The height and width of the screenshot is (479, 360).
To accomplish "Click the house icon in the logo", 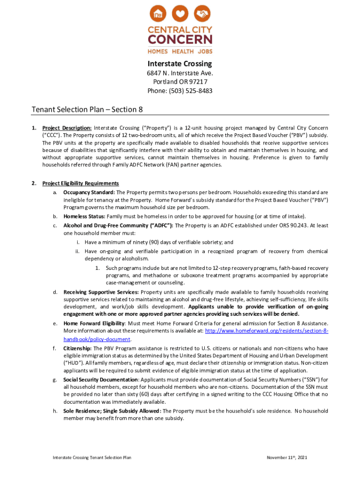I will point(159,14).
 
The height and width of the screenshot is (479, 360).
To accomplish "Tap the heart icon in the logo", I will point(180,14).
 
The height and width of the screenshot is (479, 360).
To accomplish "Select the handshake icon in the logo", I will point(202,14).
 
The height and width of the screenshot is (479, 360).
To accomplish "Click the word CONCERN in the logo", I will point(180,40).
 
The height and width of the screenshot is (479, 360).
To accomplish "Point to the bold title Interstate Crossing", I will point(180,64).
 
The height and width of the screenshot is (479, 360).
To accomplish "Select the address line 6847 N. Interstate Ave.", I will point(180,73).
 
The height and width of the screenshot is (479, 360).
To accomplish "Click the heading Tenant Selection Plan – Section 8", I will point(87,109).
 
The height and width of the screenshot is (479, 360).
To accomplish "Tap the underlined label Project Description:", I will point(67,128).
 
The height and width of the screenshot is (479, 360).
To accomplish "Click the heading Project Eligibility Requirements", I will point(80,183).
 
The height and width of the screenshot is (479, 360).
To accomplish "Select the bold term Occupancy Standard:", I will point(89,192).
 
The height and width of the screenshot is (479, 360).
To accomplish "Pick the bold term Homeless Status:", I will point(85,216).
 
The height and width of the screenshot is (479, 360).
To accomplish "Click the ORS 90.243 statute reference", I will point(284,225).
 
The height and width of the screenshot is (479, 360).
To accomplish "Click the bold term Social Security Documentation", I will point(101,379).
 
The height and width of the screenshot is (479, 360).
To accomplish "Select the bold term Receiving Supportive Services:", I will point(101,292).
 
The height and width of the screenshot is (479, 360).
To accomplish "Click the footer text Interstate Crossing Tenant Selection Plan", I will point(92,457).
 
